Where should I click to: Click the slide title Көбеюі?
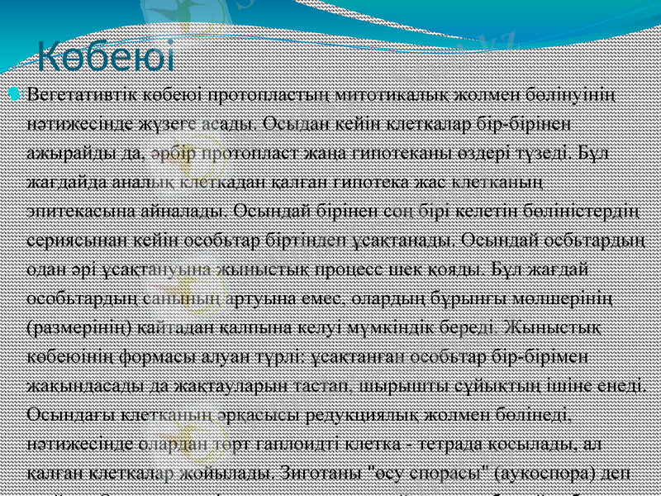click(x=107, y=59)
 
